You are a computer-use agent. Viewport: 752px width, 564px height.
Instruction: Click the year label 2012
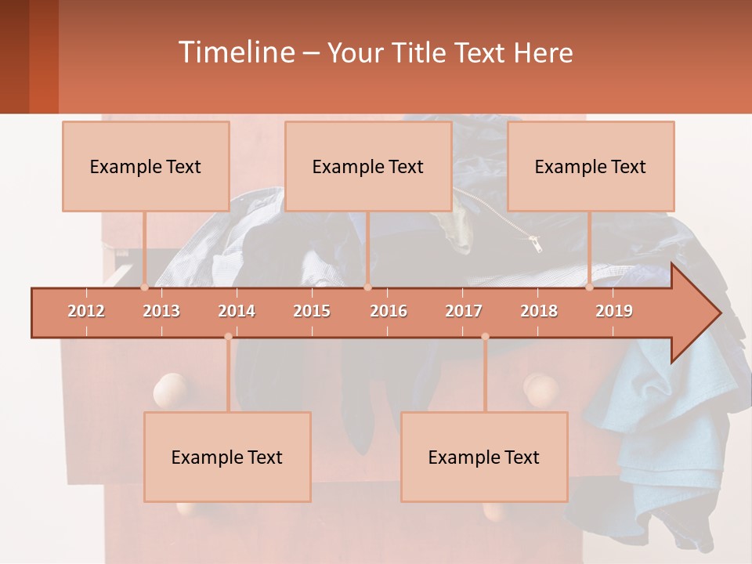click(x=86, y=311)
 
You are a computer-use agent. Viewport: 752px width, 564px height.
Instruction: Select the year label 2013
click(x=161, y=311)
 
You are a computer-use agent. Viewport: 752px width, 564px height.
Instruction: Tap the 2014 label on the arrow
click(x=237, y=311)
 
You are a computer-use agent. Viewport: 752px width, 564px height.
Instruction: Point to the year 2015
click(x=312, y=311)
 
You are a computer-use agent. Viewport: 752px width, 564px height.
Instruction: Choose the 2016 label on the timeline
click(x=389, y=311)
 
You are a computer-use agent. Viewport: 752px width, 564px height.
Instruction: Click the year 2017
click(x=464, y=311)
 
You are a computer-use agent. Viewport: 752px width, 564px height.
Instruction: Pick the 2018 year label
click(x=539, y=311)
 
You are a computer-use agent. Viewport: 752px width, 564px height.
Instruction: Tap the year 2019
click(x=614, y=311)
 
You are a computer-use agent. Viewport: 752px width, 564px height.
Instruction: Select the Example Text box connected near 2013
click(x=146, y=166)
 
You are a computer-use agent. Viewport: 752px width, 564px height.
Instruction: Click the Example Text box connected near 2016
click(x=368, y=166)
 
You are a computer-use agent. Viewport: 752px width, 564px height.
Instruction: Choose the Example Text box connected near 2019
click(x=591, y=166)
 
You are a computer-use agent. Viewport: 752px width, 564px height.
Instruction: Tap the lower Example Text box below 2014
click(x=227, y=457)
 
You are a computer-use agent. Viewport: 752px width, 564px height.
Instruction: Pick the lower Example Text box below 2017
click(x=484, y=457)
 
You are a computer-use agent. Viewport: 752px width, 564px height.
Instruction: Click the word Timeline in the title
click(x=235, y=52)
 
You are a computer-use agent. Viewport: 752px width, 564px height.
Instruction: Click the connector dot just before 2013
click(x=145, y=287)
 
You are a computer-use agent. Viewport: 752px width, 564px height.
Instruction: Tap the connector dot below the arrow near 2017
click(x=485, y=336)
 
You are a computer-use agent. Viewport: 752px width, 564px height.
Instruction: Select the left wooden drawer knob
click(x=170, y=389)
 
